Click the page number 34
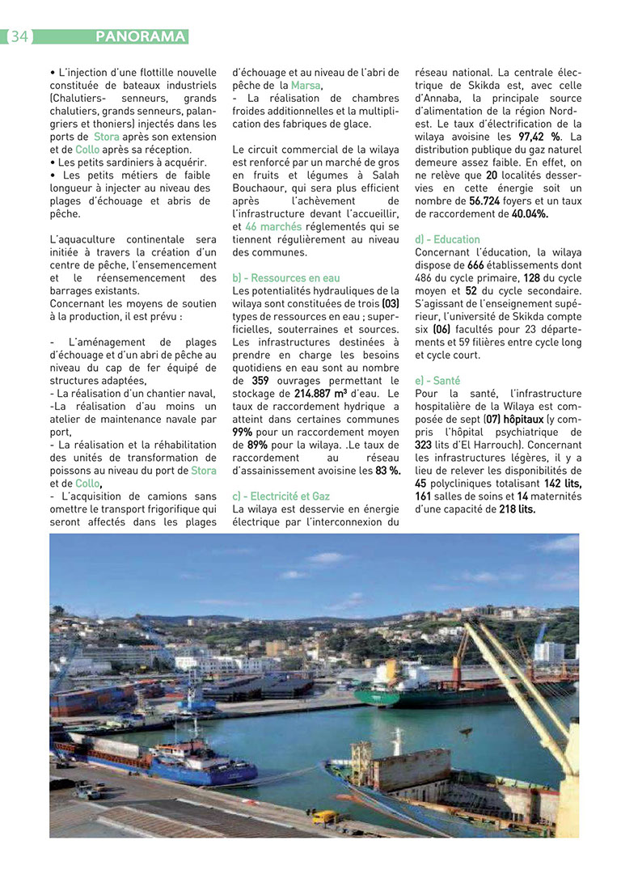coord(19,36)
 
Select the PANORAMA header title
coord(140,36)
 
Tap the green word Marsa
coord(306,86)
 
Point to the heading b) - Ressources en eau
coord(286,278)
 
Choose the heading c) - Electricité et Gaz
coord(281,496)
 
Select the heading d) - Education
coord(447,239)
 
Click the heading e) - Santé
coord(437,380)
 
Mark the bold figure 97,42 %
coord(539,137)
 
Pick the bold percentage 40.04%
coord(530,214)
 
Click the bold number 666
coord(475,265)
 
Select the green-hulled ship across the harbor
coord(429,691)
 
